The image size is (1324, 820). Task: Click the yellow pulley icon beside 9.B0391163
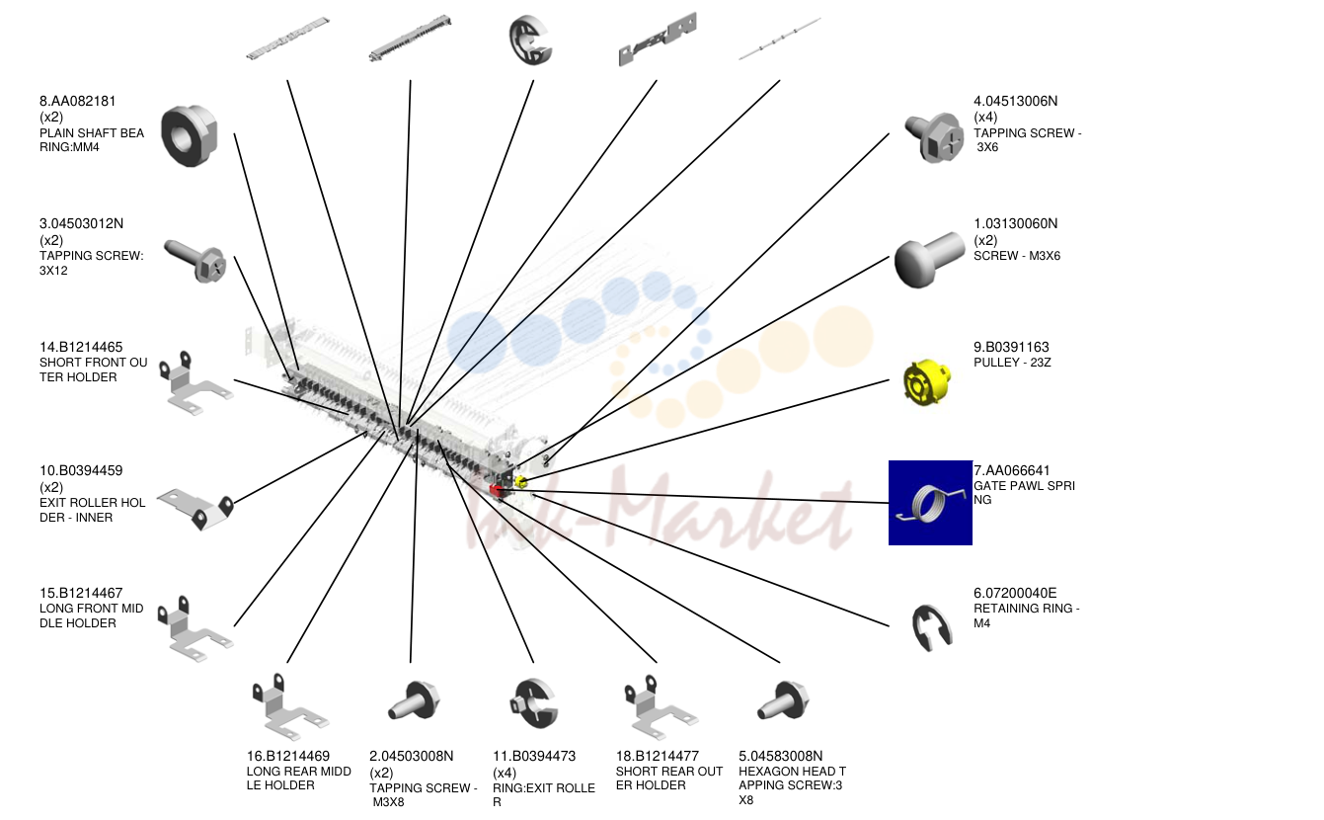(x=926, y=381)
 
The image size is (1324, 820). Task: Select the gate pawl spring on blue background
(x=930, y=503)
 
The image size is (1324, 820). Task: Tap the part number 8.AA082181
(x=77, y=101)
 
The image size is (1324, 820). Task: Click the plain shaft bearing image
(x=190, y=135)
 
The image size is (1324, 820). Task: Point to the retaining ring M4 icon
(x=931, y=627)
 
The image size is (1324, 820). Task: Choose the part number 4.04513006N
(x=1015, y=101)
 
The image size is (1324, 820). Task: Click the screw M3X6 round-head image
(x=929, y=259)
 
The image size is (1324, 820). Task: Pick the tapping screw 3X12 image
(x=195, y=261)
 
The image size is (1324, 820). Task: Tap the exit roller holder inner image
(x=196, y=509)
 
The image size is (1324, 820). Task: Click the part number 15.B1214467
(x=81, y=594)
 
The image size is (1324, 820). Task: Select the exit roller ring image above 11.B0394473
(x=534, y=704)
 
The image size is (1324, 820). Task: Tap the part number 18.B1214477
(x=658, y=756)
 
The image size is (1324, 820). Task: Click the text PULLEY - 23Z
(x=1012, y=363)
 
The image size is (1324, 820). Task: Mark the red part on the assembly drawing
(x=497, y=490)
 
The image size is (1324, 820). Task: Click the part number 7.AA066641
(x=1011, y=471)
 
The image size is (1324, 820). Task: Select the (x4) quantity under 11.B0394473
(x=505, y=774)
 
